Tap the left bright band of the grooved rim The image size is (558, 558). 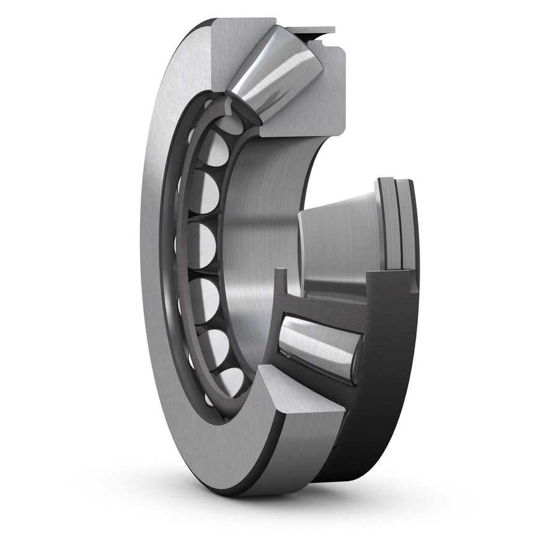[387, 223]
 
